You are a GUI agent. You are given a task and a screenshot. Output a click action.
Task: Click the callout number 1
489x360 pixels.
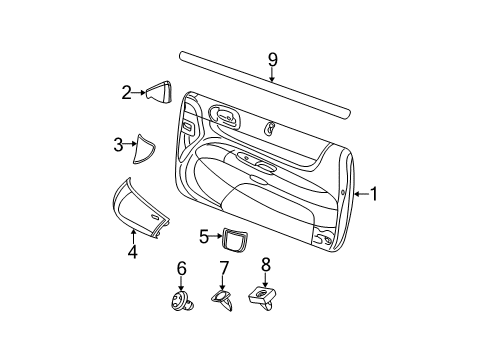pos(375,194)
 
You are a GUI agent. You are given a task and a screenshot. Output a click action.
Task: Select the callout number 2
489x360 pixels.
pos(127,94)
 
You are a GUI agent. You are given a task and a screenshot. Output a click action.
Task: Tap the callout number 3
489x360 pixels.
pos(117,145)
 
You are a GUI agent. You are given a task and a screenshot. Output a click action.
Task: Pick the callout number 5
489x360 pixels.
pos(203,236)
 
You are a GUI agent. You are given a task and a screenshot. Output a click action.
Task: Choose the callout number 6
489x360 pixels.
pos(181,267)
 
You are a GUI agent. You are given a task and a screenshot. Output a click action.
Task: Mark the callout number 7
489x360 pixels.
pos(224,267)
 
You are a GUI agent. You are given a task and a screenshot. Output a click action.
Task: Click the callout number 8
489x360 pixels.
pos(266,265)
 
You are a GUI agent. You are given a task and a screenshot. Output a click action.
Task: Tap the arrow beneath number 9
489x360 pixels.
pos(272,72)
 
